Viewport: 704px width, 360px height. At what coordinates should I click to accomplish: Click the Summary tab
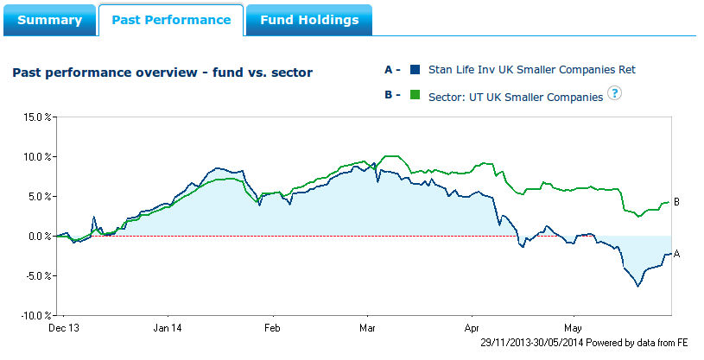pyautogui.click(x=49, y=20)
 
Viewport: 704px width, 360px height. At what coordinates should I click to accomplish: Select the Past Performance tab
pyautogui.click(x=171, y=20)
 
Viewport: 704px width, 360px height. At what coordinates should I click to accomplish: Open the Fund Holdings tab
pyautogui.click(x=309, y=20)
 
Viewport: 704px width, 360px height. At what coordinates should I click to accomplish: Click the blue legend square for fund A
pyautogui.click(x=415, y=70)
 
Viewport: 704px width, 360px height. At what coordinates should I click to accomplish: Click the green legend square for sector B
pyautogui.click(x=415, y=95)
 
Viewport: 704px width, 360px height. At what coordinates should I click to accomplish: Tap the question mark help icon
pyautogui.click(x=614, y=94)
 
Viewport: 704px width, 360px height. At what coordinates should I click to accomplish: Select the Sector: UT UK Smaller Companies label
pyautogui.click(x=515, y=97)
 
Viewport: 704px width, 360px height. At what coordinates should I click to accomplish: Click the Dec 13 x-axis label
pyautogui.click(x=64, y=328)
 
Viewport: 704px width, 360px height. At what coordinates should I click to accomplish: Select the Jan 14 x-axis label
pyautogui.click(x=167, y=328)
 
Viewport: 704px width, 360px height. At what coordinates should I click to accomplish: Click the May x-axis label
pyautogui.click(x=574, y=328)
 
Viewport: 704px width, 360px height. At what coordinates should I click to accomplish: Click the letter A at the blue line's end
pyautogui.click(x=677, y=254)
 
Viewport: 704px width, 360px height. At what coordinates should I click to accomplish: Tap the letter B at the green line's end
pyautogui.click(x=677, y=202)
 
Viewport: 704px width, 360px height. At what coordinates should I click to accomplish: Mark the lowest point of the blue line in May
pyautogui.click(x=638, y=286)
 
